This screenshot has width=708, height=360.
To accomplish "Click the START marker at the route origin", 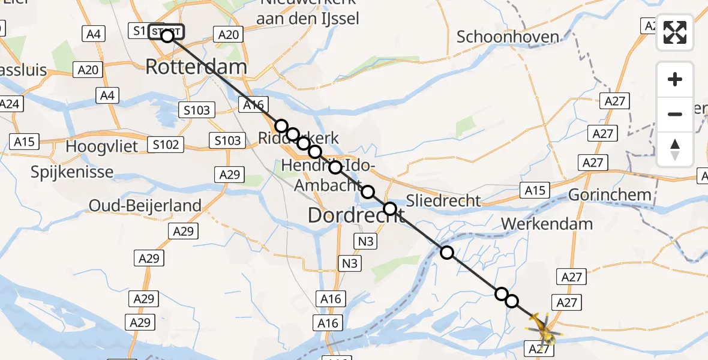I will click(x=164, y=31).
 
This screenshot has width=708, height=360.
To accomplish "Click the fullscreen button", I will click(x=675, y=32).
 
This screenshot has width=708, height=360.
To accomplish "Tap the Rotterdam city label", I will click(x=196, y=67).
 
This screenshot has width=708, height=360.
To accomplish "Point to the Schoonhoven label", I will click(x=508, y=37).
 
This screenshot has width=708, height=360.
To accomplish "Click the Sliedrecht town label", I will click(x=444, y=200).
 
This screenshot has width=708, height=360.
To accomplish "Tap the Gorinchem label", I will click(x=609, y=194).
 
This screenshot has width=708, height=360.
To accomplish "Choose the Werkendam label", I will click(x=547, y=224).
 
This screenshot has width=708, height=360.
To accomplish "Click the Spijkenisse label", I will click(x=73, y=172).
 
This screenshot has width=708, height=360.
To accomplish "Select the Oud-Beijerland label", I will click(x=145, y=206).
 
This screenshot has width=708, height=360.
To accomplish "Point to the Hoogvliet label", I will click(x=102, y=146).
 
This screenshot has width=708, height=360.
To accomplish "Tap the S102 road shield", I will click(x=166, y=145).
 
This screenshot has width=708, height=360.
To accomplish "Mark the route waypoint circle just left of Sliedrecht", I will click(x=390, y=209).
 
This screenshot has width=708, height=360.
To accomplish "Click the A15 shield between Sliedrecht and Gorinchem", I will click(x=535, y=190).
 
